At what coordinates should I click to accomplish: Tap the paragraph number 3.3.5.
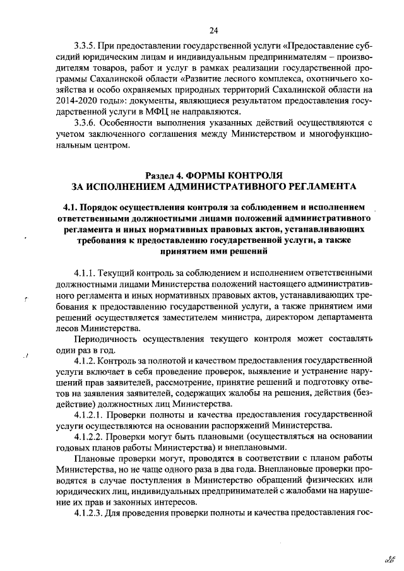pos(85,46)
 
